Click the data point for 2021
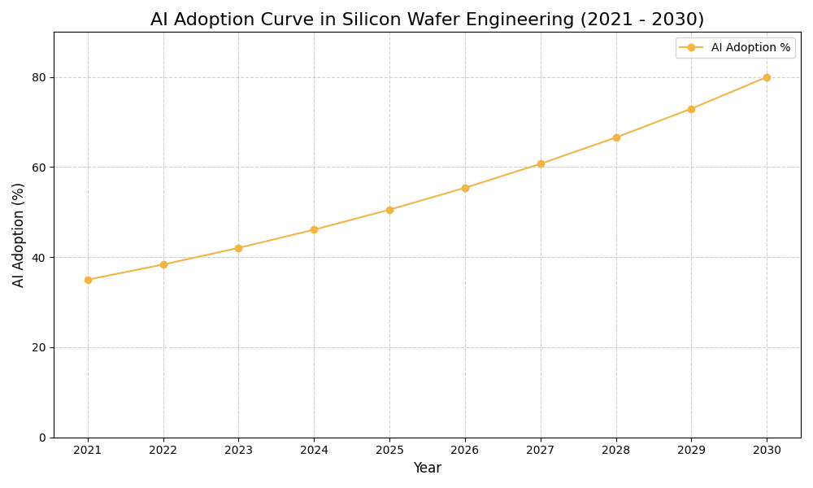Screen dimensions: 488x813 tap(88, 280)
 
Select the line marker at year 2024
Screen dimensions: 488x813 tap(314, 229)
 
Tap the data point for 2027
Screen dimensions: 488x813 tap(541, 163)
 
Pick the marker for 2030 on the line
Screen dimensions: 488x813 tap(767, 77)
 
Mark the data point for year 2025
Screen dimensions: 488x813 tap(389, 210)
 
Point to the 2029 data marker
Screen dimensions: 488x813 tap(691, 109)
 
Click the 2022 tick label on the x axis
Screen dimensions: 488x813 tap(163, 450)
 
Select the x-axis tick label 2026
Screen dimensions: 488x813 tap(465, 450)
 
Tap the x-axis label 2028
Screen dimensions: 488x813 tap(616, 450)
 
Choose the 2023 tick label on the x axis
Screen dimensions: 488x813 tap(238, 450)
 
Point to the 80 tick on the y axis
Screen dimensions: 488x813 tap(39, 77)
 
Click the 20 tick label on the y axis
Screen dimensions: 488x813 tap(39, 347)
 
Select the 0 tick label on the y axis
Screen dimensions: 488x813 tap(42, 438)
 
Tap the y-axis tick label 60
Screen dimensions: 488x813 tap(39, 168)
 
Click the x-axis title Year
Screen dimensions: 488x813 tap(427, 468)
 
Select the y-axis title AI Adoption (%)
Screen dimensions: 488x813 tap(19, 234)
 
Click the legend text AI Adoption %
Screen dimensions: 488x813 tap(750, 48)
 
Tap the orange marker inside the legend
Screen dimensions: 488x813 tap(691, 48)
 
